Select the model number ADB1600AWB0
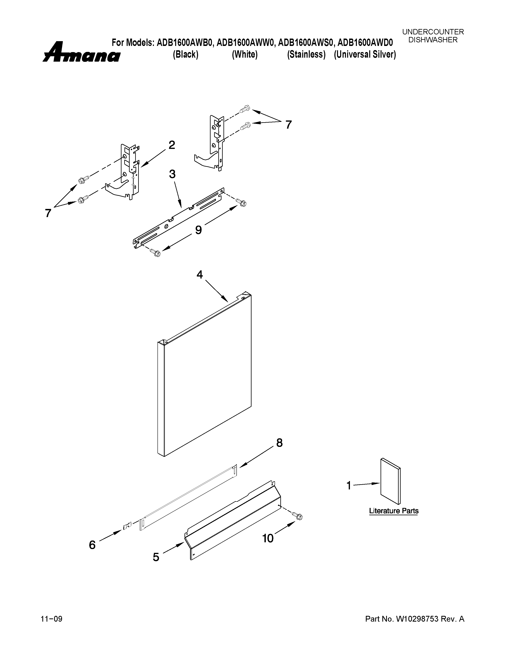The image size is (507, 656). (185, 43)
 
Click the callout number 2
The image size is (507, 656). (172, 145)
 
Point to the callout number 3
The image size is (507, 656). (172, 174)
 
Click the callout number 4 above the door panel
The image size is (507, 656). (200, 274)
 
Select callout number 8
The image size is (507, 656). (279, 443)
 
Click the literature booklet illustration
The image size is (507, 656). (390, 481)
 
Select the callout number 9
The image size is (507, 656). (198, 230)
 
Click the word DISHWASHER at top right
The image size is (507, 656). (433, 40)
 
